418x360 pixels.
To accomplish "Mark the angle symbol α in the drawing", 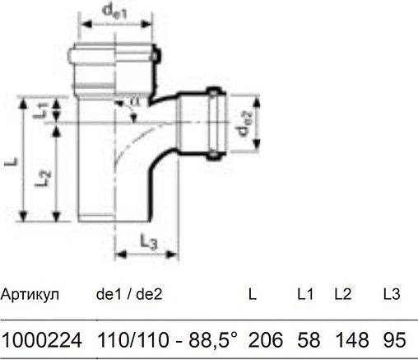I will point(135,101).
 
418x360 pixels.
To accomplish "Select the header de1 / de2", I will point(129,293).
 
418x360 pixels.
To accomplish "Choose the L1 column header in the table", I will point(305,293).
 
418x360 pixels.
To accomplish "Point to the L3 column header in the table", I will point(392,293).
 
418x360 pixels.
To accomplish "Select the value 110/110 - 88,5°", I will point(167,339).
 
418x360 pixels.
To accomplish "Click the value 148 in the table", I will point(349,339).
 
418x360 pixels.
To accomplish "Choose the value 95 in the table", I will point(394,339).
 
